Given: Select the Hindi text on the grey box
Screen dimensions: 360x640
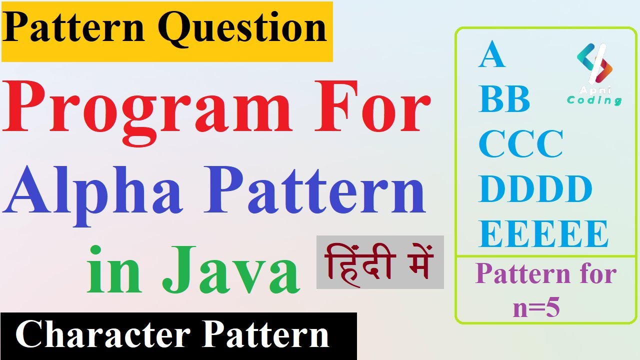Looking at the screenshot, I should [x=379, y=262].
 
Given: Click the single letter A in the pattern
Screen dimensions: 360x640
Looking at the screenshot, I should [x=491, y=55].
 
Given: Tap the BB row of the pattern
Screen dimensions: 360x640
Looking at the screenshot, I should [x=504, y=99].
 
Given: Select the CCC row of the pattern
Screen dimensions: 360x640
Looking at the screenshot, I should [x=520, y=144].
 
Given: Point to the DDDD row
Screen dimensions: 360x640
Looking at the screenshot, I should [x=535, y=189].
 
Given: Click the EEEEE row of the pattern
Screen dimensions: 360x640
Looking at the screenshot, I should [x=543, y=233].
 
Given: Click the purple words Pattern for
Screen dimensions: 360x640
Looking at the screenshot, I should [x=545, y=274].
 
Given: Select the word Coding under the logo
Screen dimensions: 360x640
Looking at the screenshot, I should [x=594, y=100].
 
